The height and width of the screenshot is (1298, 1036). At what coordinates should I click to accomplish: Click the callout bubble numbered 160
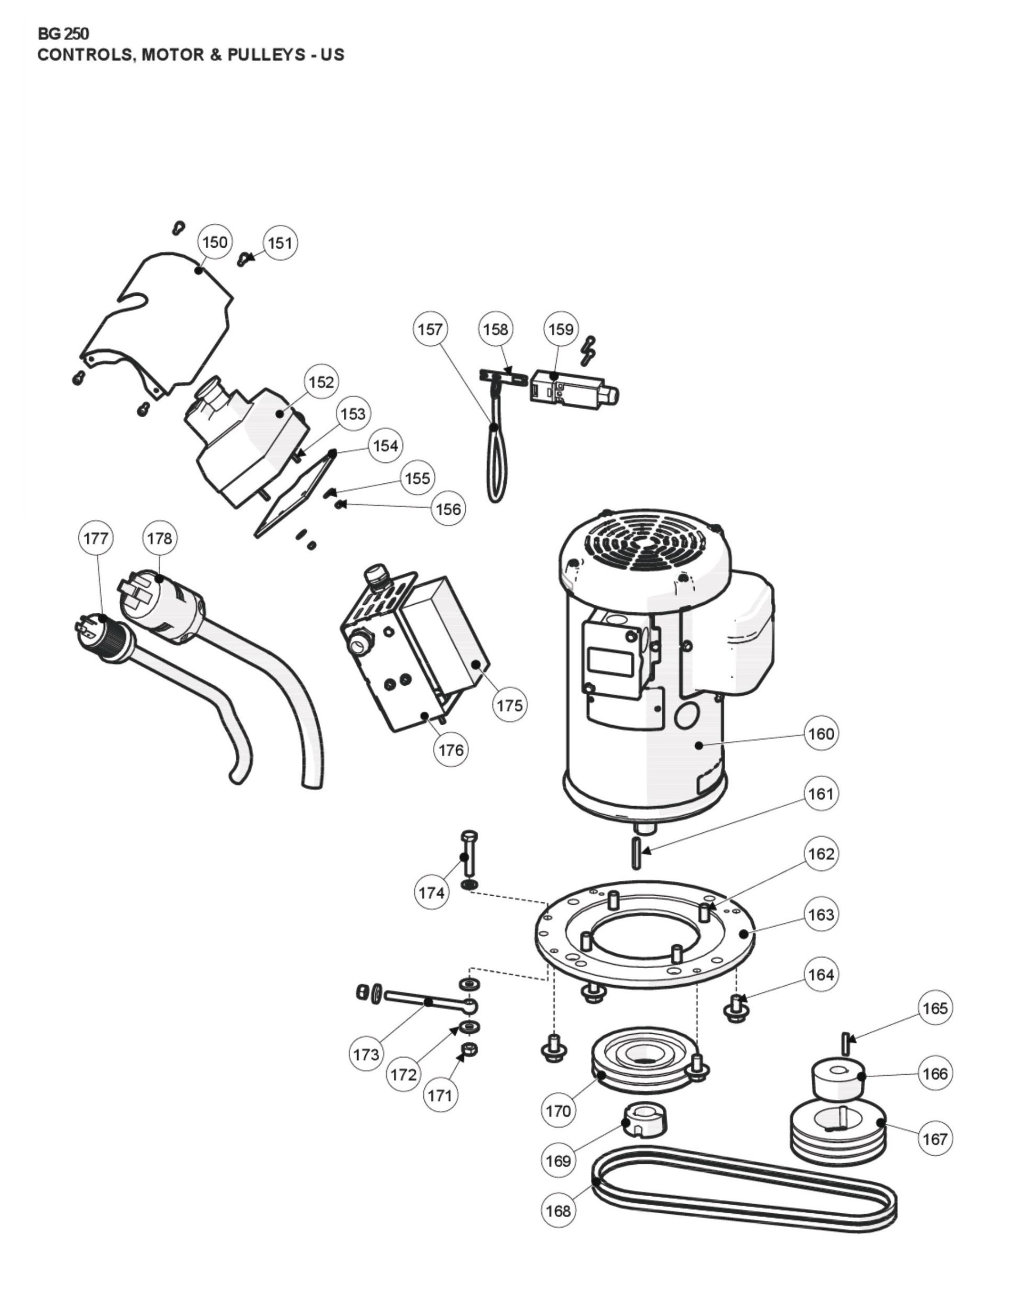[x=820, y=733]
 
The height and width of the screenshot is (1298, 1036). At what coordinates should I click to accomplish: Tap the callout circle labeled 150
[x=215, y=242]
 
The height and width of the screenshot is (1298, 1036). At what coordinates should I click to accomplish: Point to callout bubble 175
[x=509, y=704]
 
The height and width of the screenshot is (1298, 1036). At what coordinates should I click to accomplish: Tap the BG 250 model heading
[x=63, y=34]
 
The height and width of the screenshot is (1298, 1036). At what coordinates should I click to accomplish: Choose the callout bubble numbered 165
[x=935, y=1008]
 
